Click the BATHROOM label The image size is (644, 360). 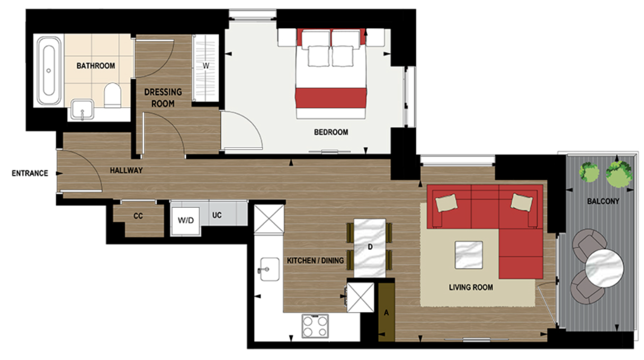(96, 66)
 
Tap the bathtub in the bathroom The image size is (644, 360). (49, 70)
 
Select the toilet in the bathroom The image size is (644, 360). (112, 95)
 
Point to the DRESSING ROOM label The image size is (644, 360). (163, 98)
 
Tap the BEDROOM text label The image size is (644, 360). (331, 132)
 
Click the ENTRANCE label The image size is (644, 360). (30, 173)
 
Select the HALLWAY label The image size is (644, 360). (127, 170)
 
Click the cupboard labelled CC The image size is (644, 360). (138, 217)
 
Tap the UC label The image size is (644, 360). (217, 216)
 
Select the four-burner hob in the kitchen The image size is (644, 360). (315, 326)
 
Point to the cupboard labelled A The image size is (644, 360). (386, 312)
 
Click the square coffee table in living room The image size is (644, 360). (469, 255)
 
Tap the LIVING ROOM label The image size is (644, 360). (471, 287)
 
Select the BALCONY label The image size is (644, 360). (603, 202)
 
